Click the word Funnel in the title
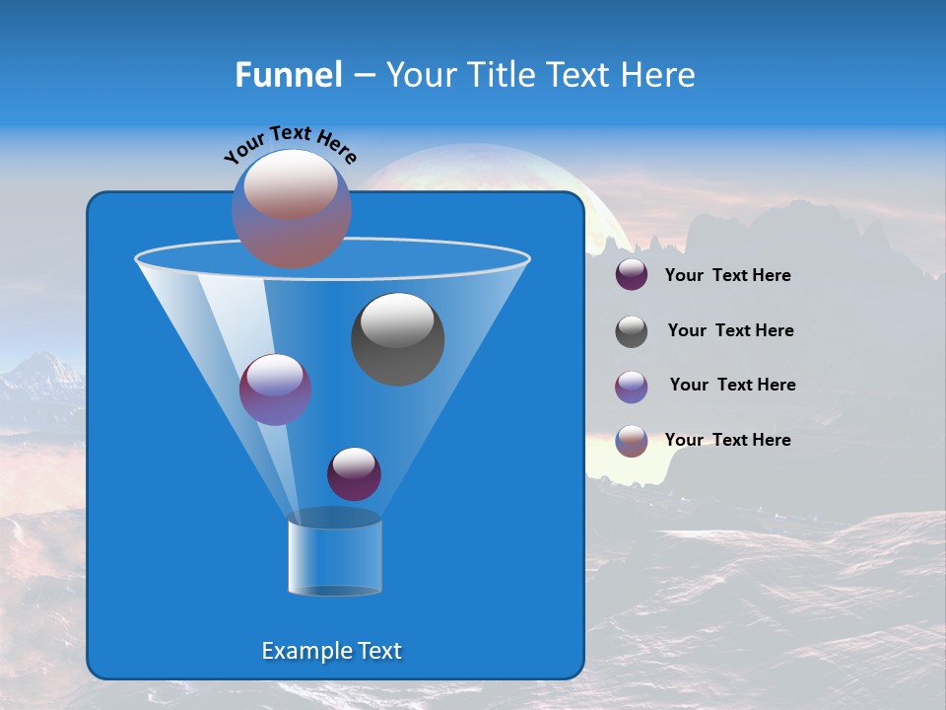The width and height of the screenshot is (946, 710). [x=288, y=75]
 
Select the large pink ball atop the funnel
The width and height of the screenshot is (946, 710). [x=292, y=208]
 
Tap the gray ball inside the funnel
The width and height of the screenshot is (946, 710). [x=397, y=338]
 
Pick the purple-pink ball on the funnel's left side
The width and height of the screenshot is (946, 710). [x=275, y=390]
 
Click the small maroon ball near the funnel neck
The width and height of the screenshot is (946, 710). [x=354, y=473]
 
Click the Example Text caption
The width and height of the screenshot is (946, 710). [x=331, y=651]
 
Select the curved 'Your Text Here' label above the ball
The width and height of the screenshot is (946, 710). [x=290, y=143]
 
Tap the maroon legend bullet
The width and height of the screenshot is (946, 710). [x=632, y=275]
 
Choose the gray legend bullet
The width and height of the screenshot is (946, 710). [x=632, y=331]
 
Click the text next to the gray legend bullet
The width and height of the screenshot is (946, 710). [x=730, y=330]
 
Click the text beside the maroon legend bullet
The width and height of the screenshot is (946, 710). [x=727, y=275]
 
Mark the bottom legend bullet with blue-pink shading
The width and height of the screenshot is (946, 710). [x=632, y=441]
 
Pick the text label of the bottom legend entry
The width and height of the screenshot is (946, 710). [x=727, y=440]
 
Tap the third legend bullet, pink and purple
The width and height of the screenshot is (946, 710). [x=632, y=387]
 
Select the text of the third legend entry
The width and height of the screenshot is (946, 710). [x=732, y=385]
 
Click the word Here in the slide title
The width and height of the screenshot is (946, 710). [x=659, y=75]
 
